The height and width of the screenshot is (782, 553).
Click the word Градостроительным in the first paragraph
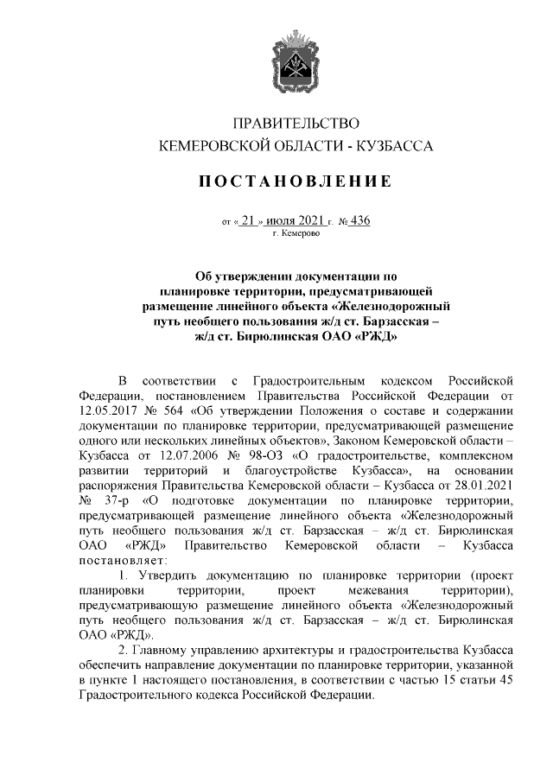click(x=304, y=380)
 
